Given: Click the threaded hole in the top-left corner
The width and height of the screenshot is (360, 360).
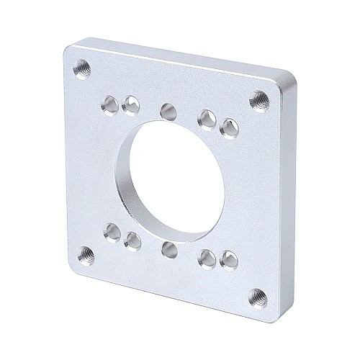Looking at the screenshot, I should click(x=80, y=69).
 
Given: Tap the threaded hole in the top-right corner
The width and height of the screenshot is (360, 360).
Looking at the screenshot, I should click(x=256, y=102).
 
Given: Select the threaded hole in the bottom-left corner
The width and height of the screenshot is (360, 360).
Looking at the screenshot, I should click(x=86, y=252).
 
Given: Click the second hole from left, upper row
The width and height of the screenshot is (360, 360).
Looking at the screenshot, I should click(x=130, y=106).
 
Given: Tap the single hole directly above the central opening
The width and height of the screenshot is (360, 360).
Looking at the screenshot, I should click(x=168, y=111).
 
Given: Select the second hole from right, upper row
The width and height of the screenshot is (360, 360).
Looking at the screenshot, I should click(x=208, y=118).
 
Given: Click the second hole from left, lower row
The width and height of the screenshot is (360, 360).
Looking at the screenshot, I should click(x=132, y=238).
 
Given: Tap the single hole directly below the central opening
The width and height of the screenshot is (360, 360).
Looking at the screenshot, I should click(x=170, y=250).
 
